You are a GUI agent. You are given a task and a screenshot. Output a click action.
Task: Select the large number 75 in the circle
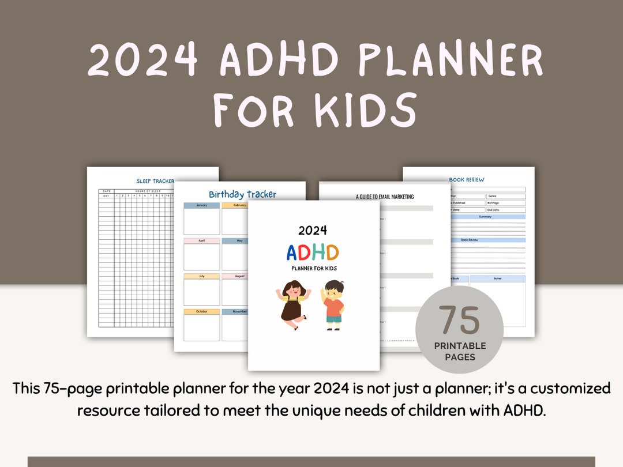coord(459,321)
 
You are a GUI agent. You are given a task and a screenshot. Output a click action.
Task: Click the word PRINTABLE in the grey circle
coord(460,346)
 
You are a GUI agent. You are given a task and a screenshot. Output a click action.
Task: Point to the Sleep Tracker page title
coord(155,181)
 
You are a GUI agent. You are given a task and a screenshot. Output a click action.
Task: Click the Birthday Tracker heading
coord(242,194)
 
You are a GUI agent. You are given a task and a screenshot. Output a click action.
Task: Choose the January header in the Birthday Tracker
coord(201,205)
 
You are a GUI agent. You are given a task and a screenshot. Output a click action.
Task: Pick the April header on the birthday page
coord(201,240)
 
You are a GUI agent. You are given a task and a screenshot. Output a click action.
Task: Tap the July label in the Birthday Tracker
coord(201,276)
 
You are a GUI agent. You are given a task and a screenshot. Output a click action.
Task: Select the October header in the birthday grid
coord(201,312)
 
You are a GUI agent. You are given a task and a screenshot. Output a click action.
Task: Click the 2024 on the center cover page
coord(313,231)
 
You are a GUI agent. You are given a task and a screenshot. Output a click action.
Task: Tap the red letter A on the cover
coord(294,253)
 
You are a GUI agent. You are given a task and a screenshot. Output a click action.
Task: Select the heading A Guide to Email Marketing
coord(385,197)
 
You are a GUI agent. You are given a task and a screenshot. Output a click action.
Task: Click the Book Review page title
coord(467,180)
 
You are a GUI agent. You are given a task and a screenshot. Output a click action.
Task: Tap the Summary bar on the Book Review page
coord(485,217)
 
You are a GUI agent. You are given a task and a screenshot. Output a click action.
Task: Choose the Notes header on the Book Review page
coord(497,278)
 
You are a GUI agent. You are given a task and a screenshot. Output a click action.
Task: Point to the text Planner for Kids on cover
coord(313,268)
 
